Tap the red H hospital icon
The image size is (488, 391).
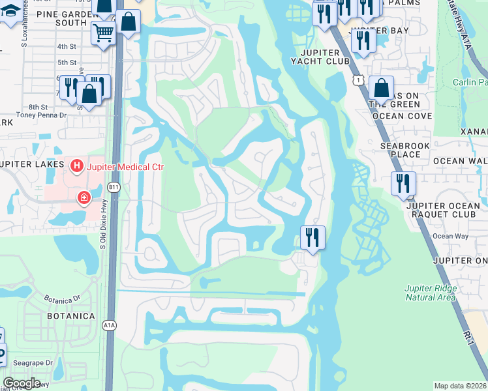(x=77, y=167)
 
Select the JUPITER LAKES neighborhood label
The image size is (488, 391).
(x=31, y=164)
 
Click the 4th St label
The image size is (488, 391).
(x=67, y=46)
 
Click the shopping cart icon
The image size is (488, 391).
(x=102, y=33)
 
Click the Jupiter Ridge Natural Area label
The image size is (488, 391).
(x=429, y=293)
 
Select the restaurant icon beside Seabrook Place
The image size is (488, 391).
(x=403, y=184)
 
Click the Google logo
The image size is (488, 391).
(x=22, y=383)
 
